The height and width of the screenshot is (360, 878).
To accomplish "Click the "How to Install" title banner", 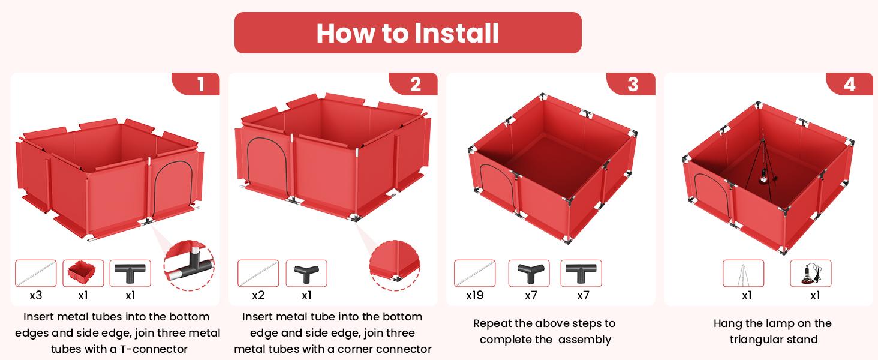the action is tap(408, 32).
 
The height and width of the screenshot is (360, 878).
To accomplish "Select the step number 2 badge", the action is tap(414, 84).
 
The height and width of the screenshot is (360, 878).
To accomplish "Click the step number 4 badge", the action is tap(850, 84).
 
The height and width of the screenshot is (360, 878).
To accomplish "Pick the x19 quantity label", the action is tap(474, 295).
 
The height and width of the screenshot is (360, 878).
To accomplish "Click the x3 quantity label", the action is tap(35, 295).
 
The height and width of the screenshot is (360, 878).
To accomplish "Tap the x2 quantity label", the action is tap(258, 295).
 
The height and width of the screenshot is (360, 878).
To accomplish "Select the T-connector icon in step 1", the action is tap(130, 274).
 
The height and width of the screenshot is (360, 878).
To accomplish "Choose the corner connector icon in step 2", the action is tap(306, 274).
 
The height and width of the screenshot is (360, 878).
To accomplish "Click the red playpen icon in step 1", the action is tap(83, 274).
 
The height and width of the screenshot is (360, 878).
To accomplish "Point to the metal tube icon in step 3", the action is tap(474, 274).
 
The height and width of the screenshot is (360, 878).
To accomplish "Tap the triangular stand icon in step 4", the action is tap(743, 274).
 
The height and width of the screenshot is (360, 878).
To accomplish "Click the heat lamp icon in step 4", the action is tap(811, 274).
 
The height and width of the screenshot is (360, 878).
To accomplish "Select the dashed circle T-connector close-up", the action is tap(190, 266).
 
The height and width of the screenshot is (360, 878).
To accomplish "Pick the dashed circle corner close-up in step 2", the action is tap(395, 266).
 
